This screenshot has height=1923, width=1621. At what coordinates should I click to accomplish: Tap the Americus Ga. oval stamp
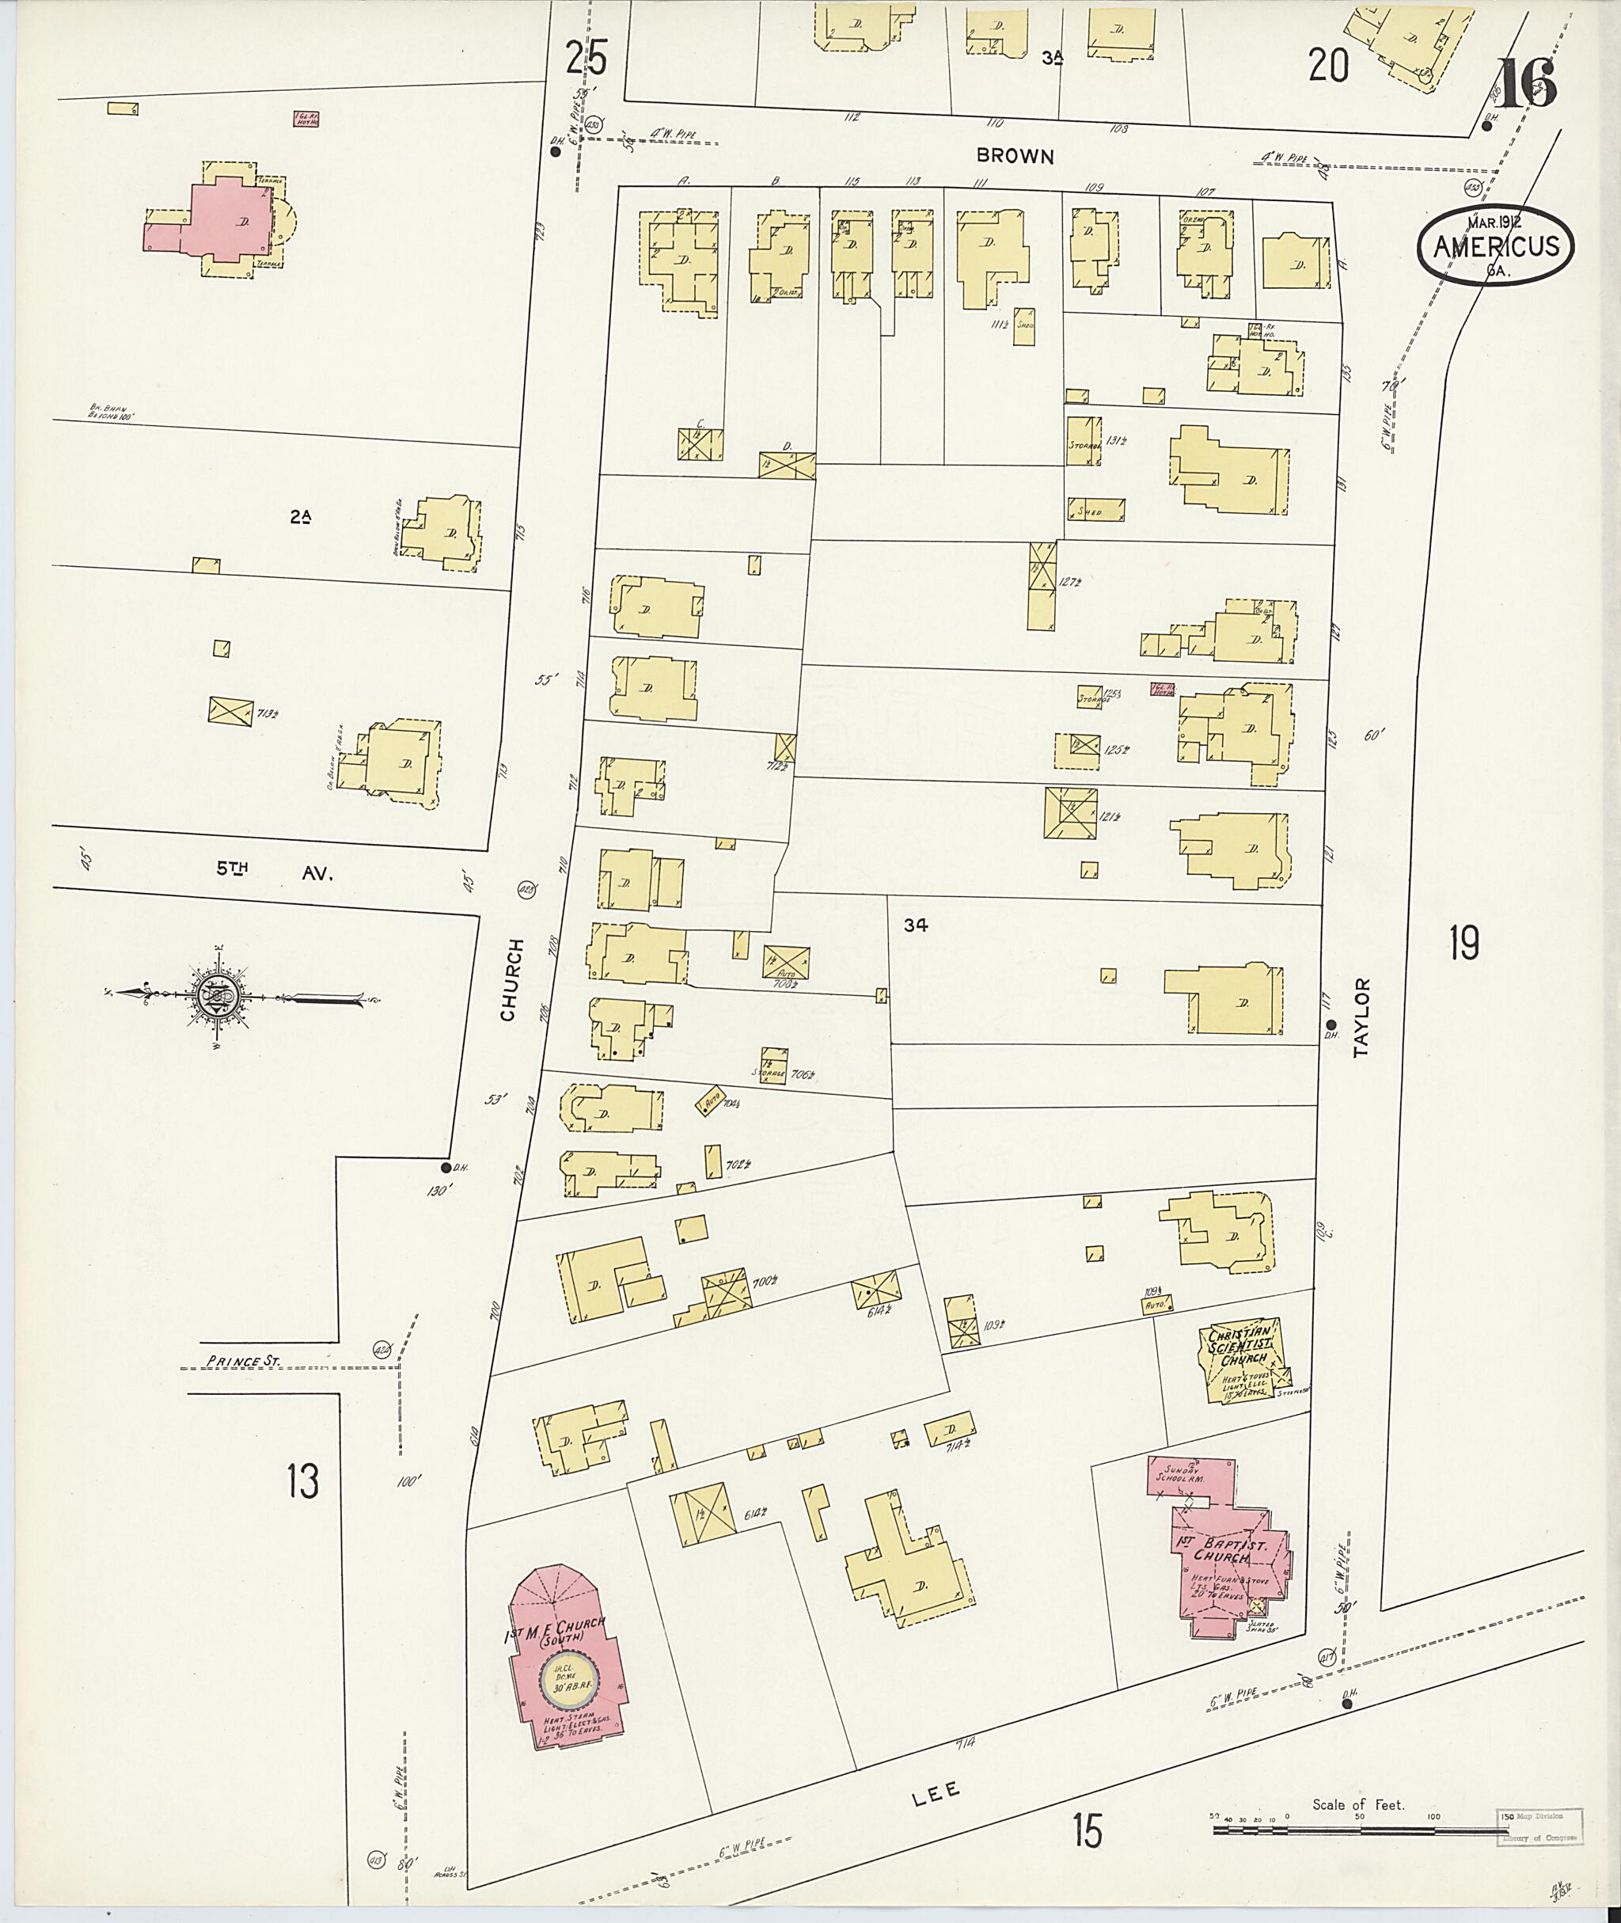tap(1495, 245)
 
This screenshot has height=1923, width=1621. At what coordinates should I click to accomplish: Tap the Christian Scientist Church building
tap(1243, 1363)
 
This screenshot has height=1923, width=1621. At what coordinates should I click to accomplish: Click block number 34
tap(914, 926)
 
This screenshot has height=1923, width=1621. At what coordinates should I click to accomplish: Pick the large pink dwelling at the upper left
tap(227, 219)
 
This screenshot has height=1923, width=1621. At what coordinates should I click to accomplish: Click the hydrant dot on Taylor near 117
tap(1330, 1025)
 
